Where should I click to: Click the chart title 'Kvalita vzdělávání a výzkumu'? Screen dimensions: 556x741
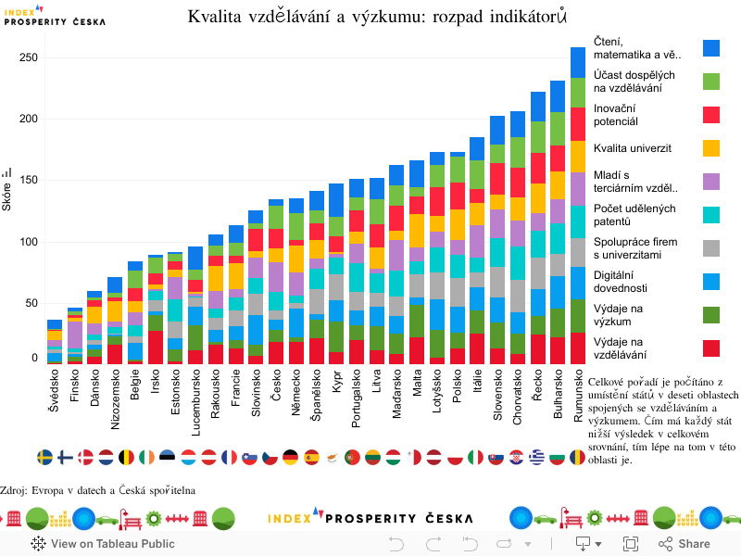coord(377,16)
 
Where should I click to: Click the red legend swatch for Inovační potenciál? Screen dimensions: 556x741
coord(711,115)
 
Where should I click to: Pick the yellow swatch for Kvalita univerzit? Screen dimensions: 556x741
coord(711,148)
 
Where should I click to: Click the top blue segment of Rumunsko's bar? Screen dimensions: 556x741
coord(578,62)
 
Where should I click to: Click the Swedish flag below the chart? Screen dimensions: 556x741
coord(44,457)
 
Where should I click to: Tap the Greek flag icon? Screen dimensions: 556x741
coord(536,457)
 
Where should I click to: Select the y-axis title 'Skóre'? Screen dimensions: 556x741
coord(6,196)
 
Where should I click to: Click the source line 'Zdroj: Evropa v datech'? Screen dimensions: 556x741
coord(97,489)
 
